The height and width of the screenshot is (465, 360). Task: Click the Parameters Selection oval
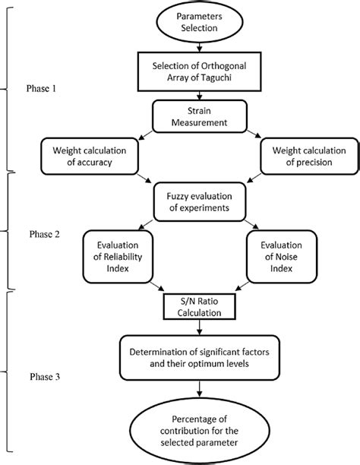(198, 22)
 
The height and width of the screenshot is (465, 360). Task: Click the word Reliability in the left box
(117, 258)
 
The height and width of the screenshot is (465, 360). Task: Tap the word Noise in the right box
(279, 258)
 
